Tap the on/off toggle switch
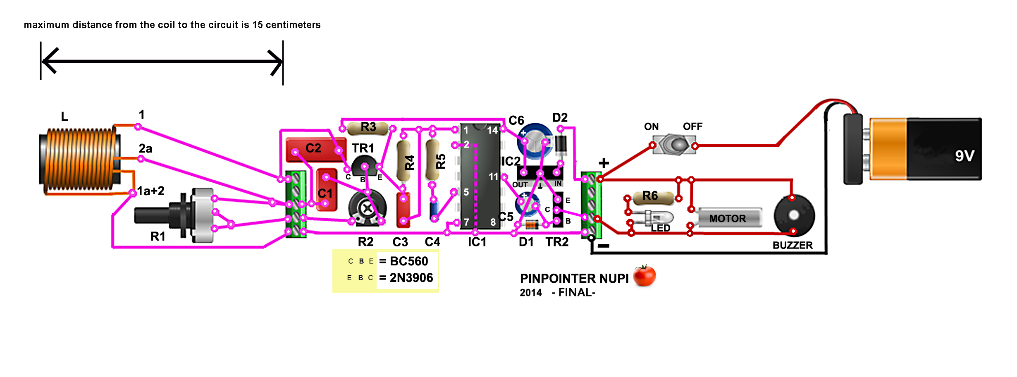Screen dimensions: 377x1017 coord(674,145)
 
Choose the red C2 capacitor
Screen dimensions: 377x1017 coord(314,149)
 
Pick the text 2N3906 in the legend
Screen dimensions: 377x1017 coord(411,278)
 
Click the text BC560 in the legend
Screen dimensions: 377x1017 coord(409,261)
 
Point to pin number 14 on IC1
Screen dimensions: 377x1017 coord(492,131)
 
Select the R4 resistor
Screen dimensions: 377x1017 coord(404,161)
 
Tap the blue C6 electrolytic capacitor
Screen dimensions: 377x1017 coord(535,141)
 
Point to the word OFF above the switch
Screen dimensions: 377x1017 coord(692,126)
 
